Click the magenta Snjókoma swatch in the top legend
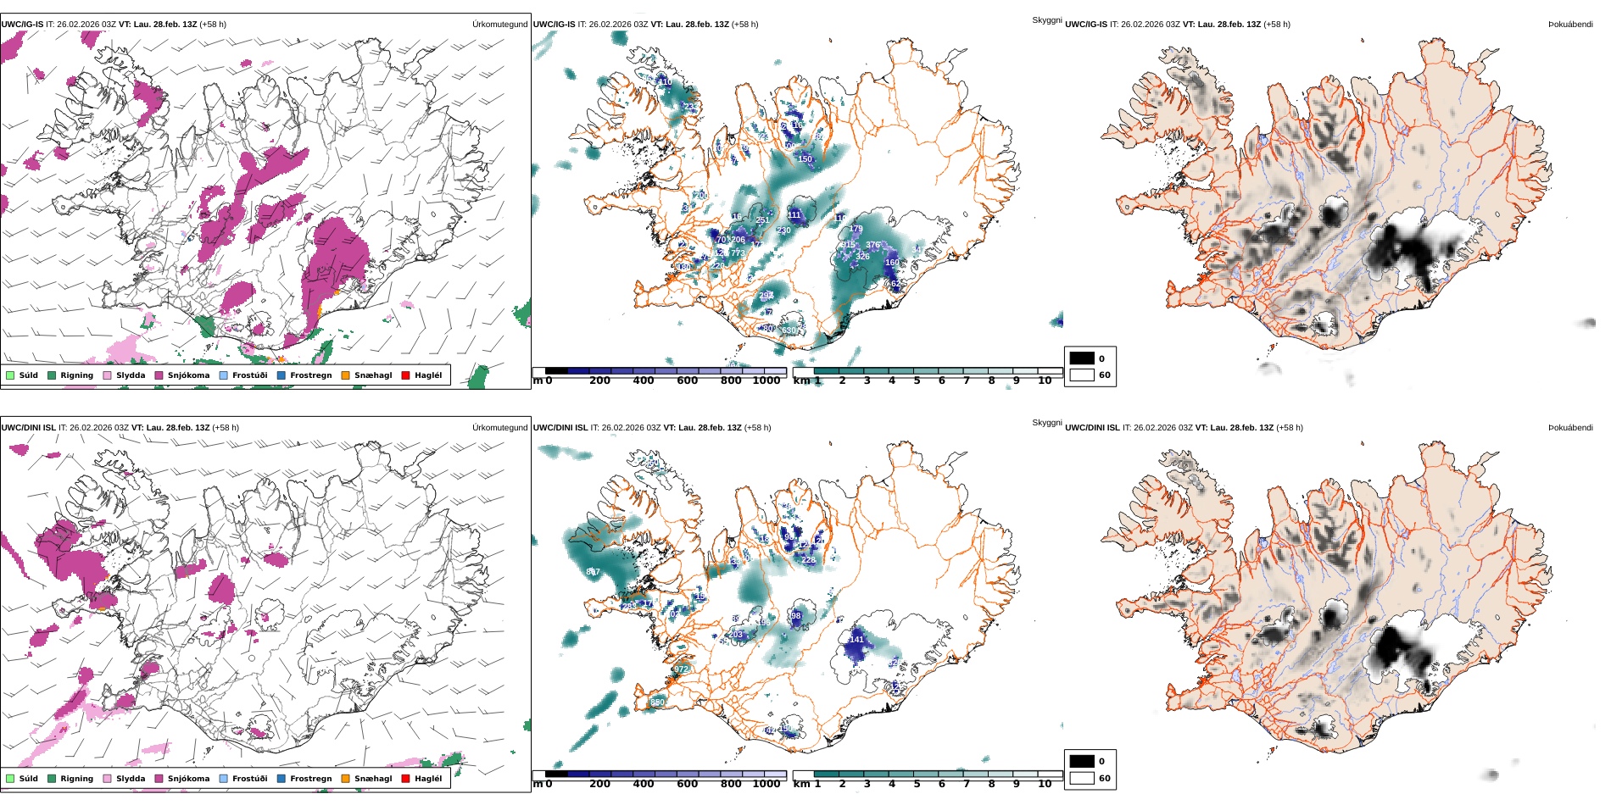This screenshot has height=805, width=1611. [x=159, y=375]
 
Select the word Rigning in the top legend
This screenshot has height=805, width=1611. [x=76, y=375]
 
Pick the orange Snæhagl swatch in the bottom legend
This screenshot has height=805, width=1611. [x=345, y=779]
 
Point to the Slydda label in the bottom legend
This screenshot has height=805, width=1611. [x=131, y=779]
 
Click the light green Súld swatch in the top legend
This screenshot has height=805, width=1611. [x=10, y=375]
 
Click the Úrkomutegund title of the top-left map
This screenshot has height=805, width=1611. [x=499, y=25]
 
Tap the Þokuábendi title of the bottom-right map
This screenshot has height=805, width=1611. [x=1570, y=428]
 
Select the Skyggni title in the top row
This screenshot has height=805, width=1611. [x=1046, y=19]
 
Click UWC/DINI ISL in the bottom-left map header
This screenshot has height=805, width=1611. [x=28, y=428]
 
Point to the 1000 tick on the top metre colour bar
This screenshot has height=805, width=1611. [x=766, y=381]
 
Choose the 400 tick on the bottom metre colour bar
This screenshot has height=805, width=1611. [x=644, y=785]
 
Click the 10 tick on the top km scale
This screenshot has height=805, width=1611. [x=1045, y=381]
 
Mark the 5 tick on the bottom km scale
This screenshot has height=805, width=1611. [x=917, y=785]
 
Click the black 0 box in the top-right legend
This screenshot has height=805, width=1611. [x=1082, y=358]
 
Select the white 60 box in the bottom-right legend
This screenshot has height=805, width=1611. [x=1082, y=778]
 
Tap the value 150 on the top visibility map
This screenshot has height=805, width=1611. [x=805, y=159]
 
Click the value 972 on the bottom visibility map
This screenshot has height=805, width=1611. [x=681, y=669]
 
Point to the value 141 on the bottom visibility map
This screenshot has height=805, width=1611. [x=856, y=640]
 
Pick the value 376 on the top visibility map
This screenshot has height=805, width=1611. [x=872, y=245]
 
